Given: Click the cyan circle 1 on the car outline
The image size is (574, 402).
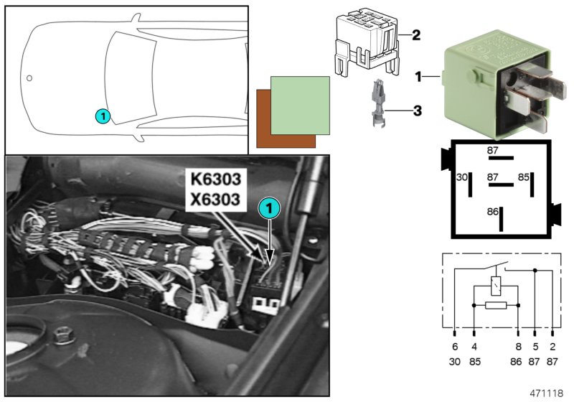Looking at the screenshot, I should tap(102, 115).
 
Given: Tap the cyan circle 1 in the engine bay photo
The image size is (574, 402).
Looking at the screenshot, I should tap(268, 208).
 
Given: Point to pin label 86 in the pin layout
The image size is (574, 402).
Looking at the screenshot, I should tap(492, 212).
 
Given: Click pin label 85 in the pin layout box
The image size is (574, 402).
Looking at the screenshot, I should tap(524, 176).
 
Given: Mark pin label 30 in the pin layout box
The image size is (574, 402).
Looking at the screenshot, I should tap(462, 176).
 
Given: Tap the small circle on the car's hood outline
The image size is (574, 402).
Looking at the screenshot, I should tap(29, 78).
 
